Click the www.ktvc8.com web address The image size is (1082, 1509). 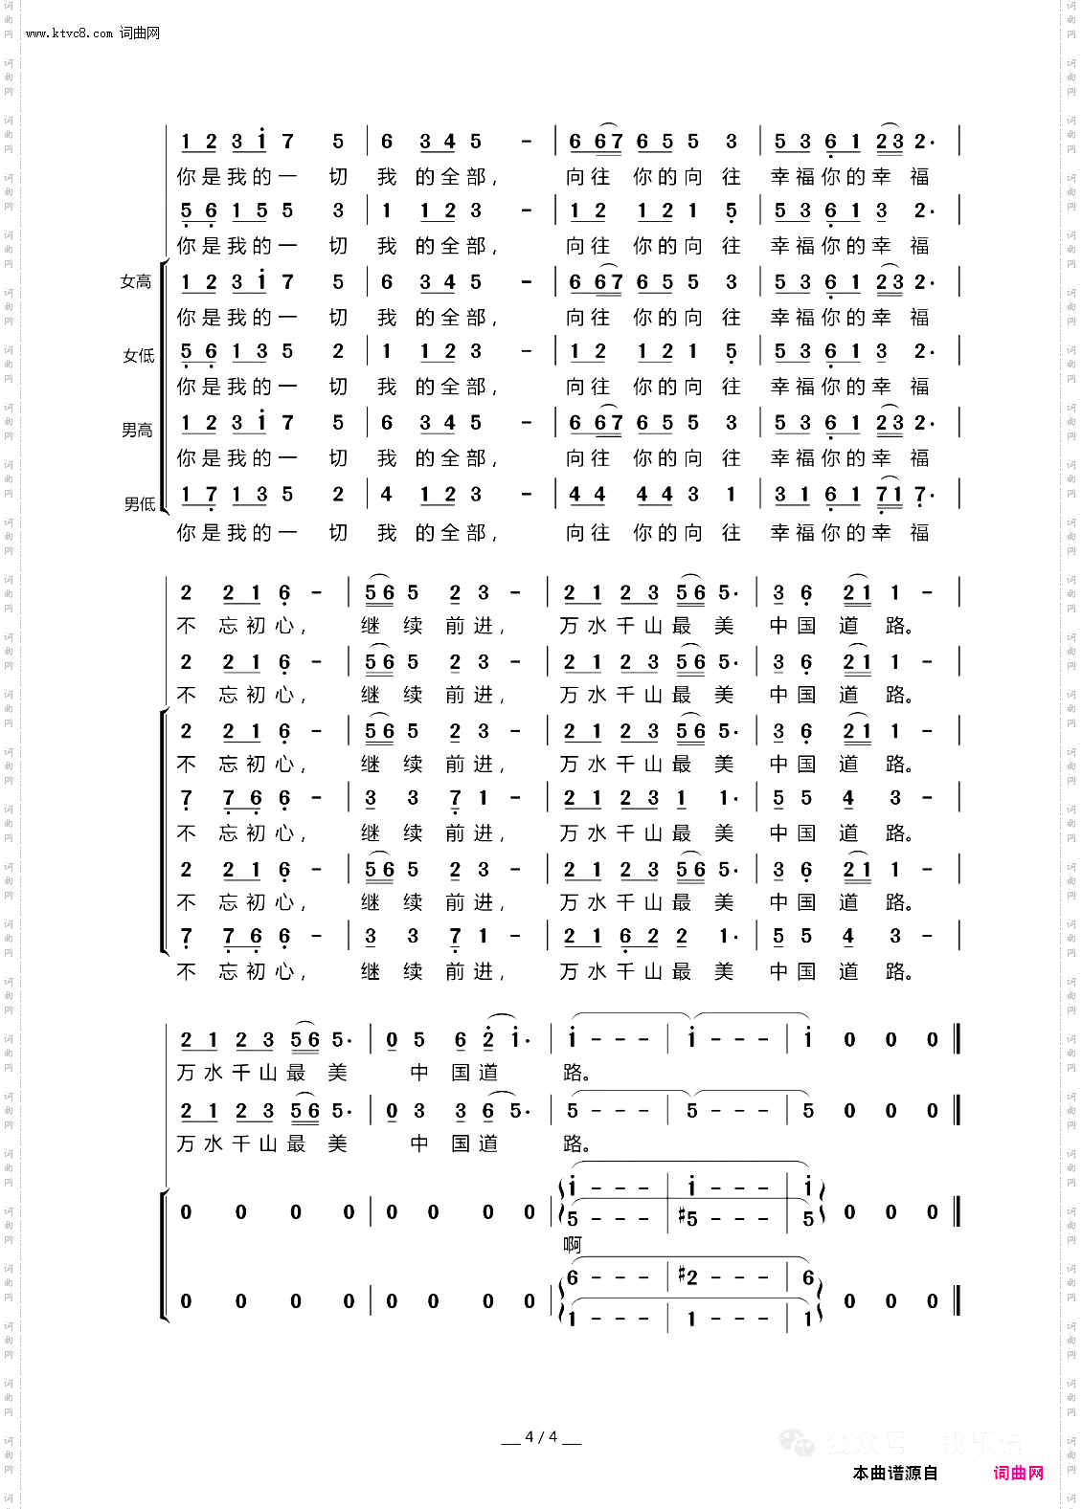[69, 33]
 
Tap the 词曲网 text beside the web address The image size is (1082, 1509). [140, 33]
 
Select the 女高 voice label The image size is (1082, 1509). [136, 282]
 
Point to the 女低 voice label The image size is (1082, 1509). [138, 356]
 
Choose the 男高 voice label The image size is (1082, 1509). [137, 431]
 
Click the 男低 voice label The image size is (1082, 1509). [139, 503]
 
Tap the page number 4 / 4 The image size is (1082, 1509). [541, 1437]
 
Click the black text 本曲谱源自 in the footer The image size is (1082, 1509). [895, 1474]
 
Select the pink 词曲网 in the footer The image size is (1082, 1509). [1018, 1474]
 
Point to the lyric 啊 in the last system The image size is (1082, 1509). [573, 1245]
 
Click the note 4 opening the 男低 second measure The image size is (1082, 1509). [386, 495]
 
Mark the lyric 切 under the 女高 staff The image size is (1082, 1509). [338, 318]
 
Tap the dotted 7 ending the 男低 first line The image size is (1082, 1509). [921, 495]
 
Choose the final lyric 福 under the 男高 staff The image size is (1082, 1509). [920, 458]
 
